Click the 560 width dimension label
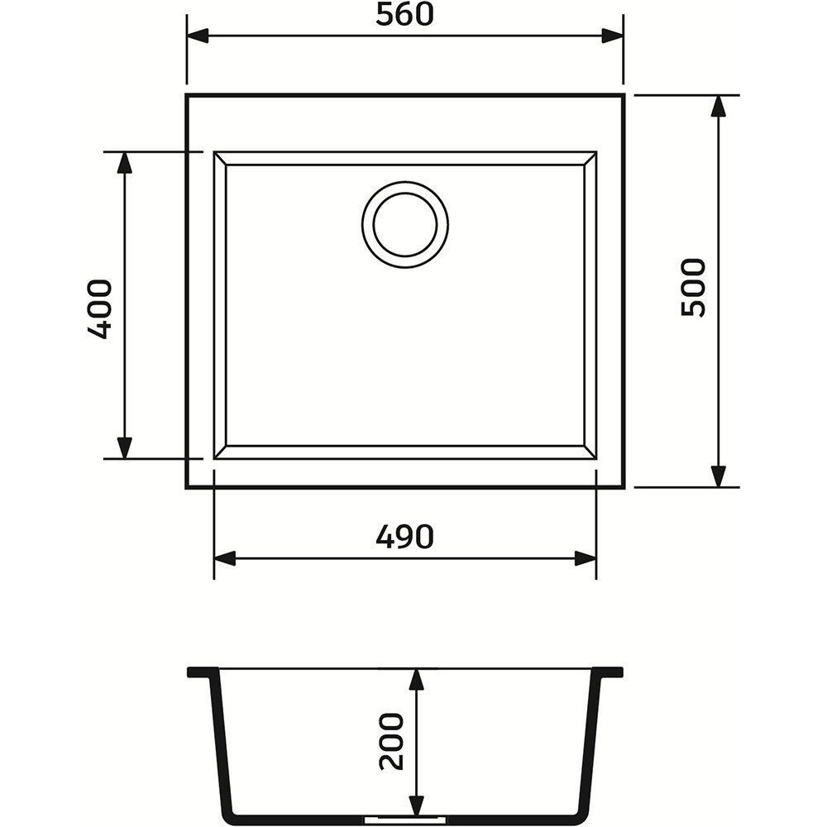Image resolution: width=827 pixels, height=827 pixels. coord(404,15)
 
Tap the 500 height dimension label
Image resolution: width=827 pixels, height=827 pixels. coord(693,288)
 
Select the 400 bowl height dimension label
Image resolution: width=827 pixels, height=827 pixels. coord(100,309)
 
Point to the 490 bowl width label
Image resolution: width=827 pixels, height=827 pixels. coord(404,538)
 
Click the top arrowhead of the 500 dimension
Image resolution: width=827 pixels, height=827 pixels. coord(719,106)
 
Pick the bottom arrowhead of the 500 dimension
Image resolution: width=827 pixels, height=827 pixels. coord(719,476)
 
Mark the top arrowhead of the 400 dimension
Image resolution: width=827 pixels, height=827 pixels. coord(125,163)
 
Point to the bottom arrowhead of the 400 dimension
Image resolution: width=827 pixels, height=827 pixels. coord(125,447)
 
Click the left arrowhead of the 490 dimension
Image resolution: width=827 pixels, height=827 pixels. coord(226,558)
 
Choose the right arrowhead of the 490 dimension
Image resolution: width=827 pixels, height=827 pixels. coord(585,558)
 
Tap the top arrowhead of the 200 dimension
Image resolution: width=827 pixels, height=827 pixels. coord(416,680)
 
